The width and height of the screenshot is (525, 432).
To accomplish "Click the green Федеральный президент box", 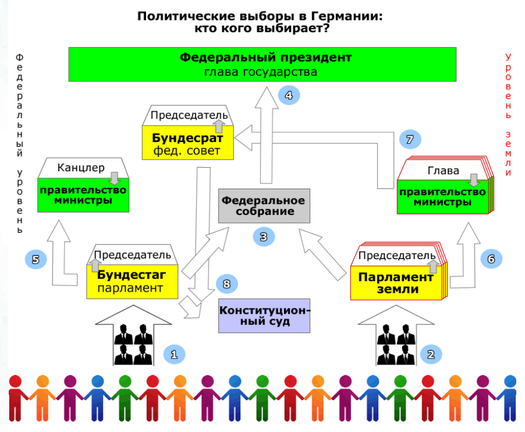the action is (x=262, y=64).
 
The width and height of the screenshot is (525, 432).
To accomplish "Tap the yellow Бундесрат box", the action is (x=188, y=143).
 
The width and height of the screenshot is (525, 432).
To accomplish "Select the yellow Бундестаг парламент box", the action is (x=132, y=282).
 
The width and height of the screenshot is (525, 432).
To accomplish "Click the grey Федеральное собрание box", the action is (x=264, y=206).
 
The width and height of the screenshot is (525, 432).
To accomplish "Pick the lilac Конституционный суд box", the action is (x=264, y=316).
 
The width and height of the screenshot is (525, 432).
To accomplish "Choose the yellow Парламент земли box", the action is (x=396, y=283).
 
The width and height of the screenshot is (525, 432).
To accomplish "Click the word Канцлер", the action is (x=81, y=168).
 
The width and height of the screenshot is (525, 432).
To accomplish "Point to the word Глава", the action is (x=444, y=171).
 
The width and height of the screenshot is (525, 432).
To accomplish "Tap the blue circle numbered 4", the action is (x=289, y=95).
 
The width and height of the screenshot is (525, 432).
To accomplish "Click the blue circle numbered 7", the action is (x=410, y=139).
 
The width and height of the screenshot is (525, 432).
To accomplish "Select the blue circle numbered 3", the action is (x=264, y=237).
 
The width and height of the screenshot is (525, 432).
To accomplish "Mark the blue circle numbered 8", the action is (x=226, y=284).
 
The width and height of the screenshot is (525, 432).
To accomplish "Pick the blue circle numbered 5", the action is (x=36, y=259).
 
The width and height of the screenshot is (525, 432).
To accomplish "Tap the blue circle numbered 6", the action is (x=491, y=259).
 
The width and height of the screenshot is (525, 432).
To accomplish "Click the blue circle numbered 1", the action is (x=174, y=355).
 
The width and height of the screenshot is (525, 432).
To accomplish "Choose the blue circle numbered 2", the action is (x=431, y=355).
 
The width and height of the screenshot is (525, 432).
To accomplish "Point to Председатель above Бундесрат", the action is (x=189, y=115).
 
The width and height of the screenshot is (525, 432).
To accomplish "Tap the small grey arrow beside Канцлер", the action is (x=115, y=179).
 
